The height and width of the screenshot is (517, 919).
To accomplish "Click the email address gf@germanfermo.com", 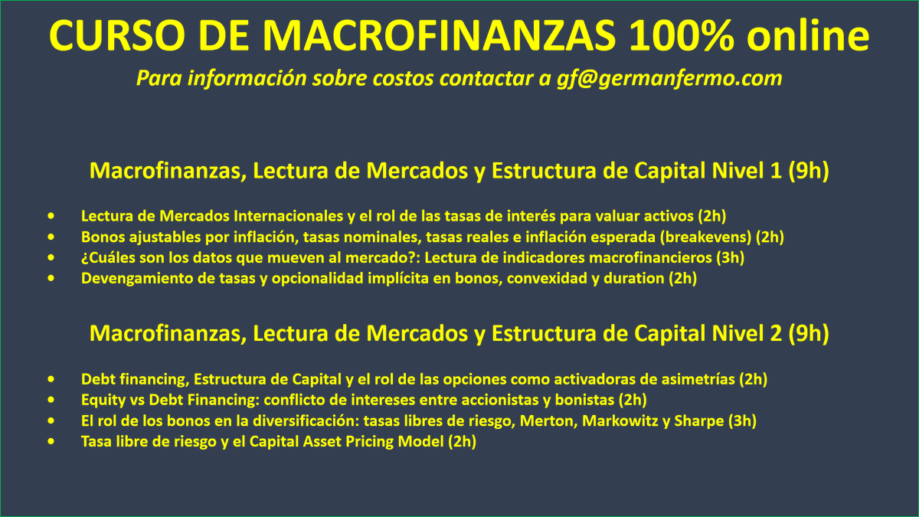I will coord(669,78).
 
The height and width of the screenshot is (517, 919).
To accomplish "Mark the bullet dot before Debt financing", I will coord(51,378).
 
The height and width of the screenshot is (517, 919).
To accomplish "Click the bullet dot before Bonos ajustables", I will coord(51,237).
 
